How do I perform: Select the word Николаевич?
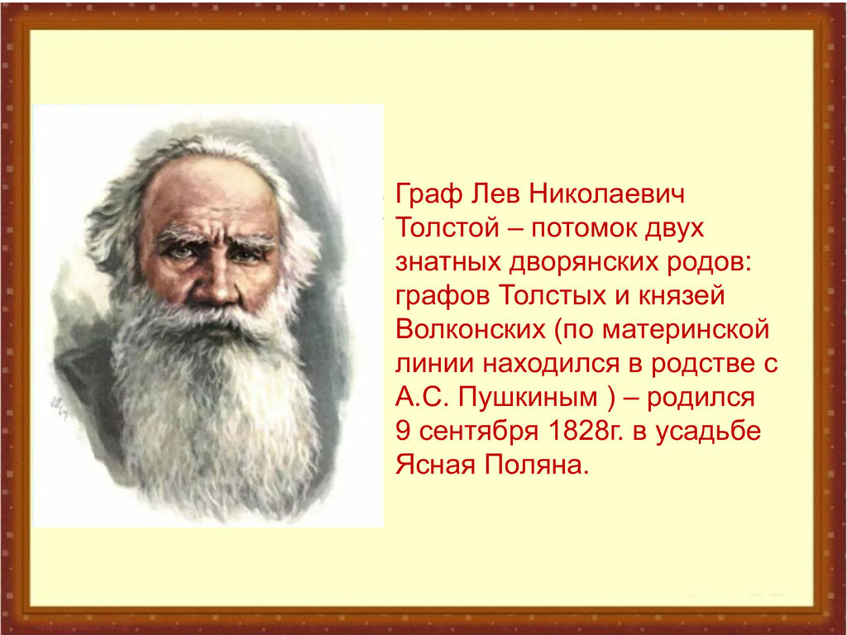point(606,193)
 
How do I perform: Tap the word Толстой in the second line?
point(447,228)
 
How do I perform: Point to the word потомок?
point(585,229)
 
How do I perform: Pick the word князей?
point(682,295)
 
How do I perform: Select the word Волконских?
point(471,329)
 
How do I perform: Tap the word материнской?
point(686,330)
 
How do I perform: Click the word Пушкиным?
point(528,398)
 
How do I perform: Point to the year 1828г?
point(586,431)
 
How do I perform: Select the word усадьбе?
point(708,432)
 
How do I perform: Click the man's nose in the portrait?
point(218,284)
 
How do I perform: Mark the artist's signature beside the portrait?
point(59,405)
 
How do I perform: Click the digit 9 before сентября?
point(403,431)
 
